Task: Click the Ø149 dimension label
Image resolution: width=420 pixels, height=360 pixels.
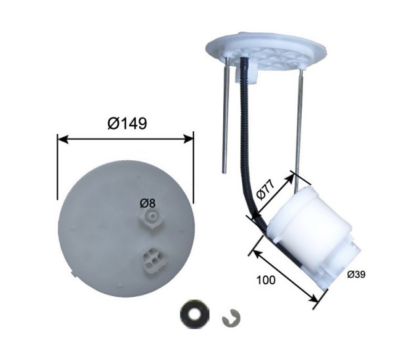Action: click(x=127, y=124)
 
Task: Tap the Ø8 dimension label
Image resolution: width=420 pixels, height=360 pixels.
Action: click(x=147, y=204)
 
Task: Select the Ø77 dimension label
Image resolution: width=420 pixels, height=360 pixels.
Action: click(x=266, y=190)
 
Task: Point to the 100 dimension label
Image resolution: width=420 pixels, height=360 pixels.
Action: click(x=266, y=280)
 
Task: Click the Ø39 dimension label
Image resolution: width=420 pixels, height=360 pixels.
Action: click(x=356, y=275)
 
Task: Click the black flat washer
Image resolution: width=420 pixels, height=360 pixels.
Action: click(x=194, y=313)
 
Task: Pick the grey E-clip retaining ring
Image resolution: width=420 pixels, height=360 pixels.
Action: click(x=231, y=318)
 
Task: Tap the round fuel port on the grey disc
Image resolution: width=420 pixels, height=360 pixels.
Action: click(x=152, y=216)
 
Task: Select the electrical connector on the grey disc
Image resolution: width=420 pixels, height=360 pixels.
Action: click(x=152, y=261)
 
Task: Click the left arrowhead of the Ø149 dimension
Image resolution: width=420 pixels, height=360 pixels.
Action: click(x=63, y=139)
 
